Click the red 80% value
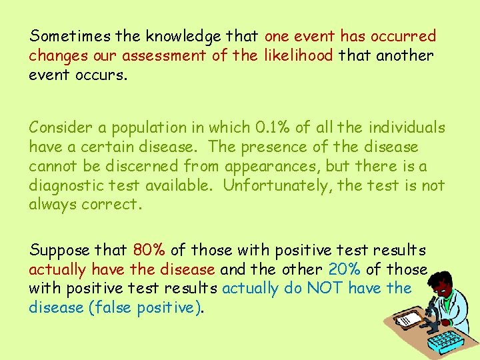149,251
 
